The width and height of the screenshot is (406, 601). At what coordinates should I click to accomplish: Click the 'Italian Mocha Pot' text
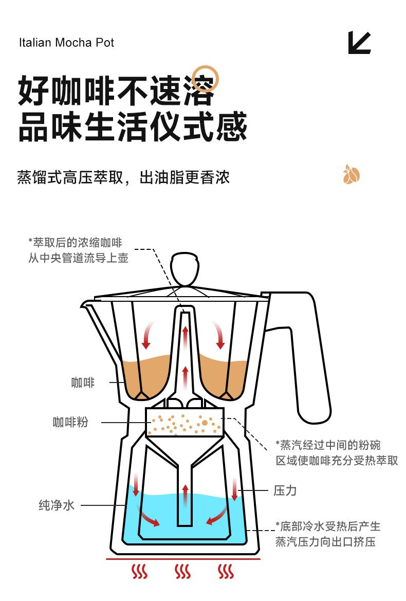66,42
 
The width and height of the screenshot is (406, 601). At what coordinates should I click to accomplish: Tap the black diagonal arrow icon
359,43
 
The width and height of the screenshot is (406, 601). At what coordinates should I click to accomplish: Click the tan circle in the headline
206,78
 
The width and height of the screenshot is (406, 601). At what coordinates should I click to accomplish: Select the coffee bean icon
352,175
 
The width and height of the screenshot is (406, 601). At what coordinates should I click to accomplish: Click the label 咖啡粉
70,422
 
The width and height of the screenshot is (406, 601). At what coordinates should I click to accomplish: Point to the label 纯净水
57,505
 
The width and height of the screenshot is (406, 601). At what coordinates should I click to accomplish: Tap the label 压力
285,490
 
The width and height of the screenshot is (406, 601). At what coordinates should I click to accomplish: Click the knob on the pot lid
184,269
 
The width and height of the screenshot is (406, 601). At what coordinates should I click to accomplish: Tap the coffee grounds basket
185,422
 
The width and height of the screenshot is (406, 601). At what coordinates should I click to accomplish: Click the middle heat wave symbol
182,571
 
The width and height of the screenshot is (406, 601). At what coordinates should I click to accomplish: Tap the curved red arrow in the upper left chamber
148,334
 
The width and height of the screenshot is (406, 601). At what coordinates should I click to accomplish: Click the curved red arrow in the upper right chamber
220,334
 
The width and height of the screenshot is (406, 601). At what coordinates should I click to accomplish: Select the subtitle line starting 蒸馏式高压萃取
123,177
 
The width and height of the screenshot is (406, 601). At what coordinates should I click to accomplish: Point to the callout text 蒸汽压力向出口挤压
326,542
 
